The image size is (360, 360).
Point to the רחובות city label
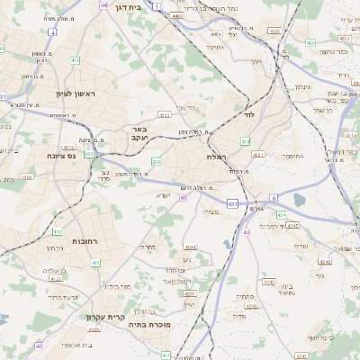84,242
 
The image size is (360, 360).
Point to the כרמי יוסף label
318,338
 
